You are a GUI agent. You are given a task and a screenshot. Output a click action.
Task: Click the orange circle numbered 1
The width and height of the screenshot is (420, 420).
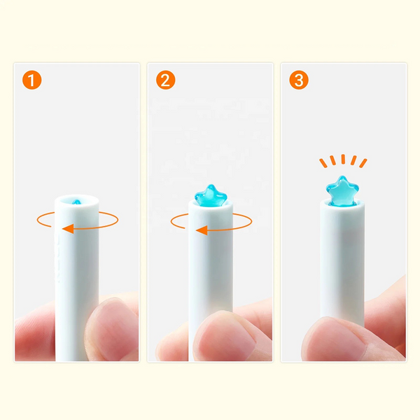tap(32, 80)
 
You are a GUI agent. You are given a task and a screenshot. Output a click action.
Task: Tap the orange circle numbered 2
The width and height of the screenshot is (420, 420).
tap(165, 80)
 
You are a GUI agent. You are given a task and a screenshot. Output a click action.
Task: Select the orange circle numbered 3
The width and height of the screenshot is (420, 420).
tap(299, 80)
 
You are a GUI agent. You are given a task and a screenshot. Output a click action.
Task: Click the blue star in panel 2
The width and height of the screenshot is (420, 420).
tap(211, 196)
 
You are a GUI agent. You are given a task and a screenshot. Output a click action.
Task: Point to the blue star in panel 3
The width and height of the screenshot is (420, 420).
tap(342, 191)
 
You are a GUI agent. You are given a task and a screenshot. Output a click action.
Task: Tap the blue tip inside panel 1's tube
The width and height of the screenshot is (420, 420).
tap(76, 202)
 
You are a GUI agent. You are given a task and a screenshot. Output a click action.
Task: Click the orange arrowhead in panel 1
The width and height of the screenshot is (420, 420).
tap(68, 229)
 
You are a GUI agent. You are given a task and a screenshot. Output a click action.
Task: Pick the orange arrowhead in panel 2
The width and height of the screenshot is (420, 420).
tap(202, 230)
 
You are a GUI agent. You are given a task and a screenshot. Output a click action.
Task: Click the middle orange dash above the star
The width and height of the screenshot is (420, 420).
tap(343, 159)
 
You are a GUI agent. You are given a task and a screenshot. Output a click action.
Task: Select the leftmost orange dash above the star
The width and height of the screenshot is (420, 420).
tap(323, 163)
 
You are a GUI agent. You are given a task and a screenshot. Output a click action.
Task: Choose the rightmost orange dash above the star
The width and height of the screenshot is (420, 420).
tap(363, 163)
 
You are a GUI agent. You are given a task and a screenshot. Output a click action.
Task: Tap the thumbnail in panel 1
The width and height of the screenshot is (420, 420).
tap(112, 330)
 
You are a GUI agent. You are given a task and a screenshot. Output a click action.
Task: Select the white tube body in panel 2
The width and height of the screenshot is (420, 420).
tap(211, 257)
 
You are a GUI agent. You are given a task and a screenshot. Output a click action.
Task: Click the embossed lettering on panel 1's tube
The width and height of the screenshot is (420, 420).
tap(57, 257)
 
